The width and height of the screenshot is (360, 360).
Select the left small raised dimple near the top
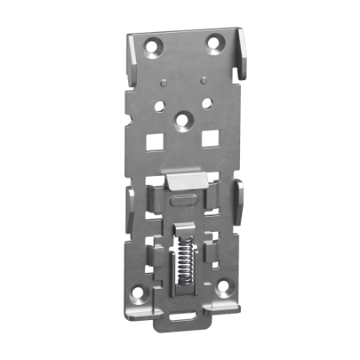[x=162, y=82]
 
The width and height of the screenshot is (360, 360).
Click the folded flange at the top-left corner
[x=130, y=56]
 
